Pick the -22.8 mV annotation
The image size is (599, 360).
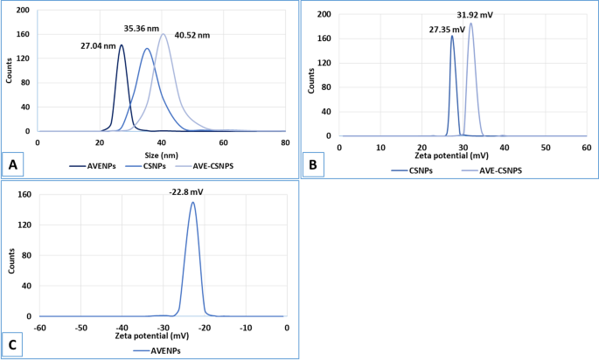(x=193, y=194)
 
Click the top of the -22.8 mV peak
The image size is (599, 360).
(x=192, y=203)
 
